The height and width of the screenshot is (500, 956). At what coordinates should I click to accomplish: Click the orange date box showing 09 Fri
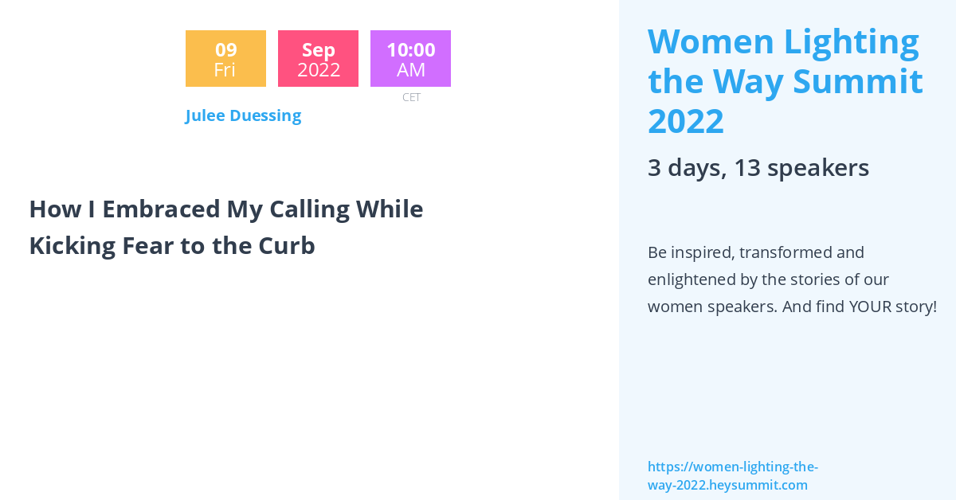point(225,59)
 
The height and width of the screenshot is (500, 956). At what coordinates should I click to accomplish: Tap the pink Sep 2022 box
point(318,59)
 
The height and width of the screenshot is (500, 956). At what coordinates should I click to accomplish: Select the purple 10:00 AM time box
point(410,59)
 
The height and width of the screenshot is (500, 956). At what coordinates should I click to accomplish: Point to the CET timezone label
point(411,97)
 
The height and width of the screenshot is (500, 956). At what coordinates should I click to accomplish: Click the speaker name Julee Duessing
point(243,115)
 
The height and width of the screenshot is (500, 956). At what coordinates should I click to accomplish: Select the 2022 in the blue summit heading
point(686,121)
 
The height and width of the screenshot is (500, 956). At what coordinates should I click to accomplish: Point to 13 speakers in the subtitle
point(801,168)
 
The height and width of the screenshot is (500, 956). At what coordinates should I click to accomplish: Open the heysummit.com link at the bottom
point(732,476)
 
